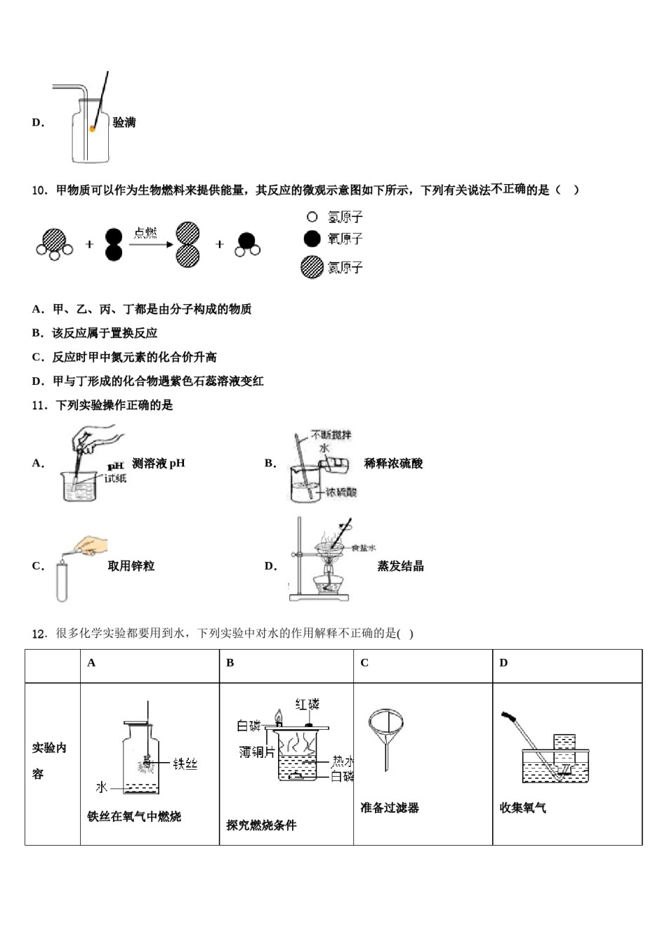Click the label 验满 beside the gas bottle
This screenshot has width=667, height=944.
point(124,123)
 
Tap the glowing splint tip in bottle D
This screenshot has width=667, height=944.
point(92,129)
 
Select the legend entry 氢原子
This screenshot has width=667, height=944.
point(335,218)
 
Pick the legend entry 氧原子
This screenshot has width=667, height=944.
point(335,240)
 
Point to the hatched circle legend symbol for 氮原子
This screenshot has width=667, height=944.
point(312,267)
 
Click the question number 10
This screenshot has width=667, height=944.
point(39,190)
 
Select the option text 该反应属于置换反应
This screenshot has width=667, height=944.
point(105,333)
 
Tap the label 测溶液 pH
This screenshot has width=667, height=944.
point(159,464)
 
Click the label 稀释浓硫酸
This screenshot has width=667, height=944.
point(393,464)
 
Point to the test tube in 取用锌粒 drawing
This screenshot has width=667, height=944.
point(62,581)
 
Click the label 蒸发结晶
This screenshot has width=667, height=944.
point(400,566)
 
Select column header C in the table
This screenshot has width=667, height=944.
point(364,663)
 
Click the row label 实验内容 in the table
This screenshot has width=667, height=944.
point(49,761)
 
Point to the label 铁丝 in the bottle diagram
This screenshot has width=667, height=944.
point(185,763)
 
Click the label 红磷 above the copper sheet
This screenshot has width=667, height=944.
point(307,704)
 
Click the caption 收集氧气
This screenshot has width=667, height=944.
point(522,808)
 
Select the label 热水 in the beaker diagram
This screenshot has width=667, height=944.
point(342,761)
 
